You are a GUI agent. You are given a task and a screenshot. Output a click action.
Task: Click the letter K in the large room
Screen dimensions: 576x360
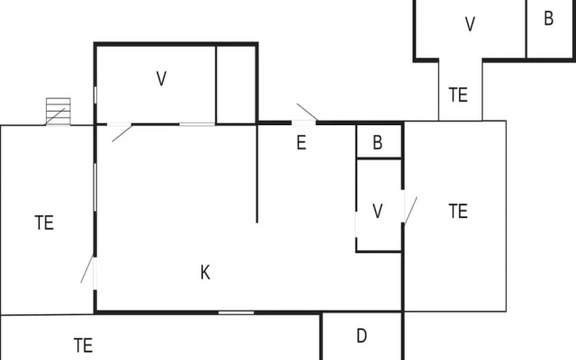coord(205,273)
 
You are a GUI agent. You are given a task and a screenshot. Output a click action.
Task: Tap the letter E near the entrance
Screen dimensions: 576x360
coord(301,142)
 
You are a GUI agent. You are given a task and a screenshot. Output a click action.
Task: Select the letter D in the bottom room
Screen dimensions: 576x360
coord(362,336)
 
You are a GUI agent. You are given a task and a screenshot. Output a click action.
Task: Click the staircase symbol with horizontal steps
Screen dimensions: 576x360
coord(58,112)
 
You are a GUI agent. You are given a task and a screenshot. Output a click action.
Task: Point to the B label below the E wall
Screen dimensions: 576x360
coord(377,142)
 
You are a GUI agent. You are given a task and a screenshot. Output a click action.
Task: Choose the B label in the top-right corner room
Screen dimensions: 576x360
coord(548,18)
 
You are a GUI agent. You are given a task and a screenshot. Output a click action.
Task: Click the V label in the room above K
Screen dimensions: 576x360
coord(161,78)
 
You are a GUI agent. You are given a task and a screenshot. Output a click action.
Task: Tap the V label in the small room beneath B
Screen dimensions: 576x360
coord(378,211)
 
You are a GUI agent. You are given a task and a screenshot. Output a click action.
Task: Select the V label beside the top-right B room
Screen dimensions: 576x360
coord(470,24)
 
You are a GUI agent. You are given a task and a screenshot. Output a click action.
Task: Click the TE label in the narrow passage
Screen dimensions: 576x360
coord(458,94)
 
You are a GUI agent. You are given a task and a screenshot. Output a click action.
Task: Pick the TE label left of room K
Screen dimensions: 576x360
coord(44,222)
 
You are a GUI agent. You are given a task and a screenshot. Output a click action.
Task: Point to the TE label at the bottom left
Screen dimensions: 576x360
coord(83,346)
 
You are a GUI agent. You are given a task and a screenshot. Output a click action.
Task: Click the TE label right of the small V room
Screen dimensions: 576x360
coord(458,211)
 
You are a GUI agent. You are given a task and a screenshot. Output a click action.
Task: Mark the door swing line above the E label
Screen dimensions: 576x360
coord(308,112)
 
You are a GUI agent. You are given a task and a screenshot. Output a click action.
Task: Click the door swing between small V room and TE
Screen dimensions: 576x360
coord(410,210)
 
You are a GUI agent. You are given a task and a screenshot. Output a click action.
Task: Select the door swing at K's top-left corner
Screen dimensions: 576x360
coord(122,133)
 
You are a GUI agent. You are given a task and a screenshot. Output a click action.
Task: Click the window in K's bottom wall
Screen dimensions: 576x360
coord(236,312)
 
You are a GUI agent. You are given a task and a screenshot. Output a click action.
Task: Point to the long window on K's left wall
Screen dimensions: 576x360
coord(95,188)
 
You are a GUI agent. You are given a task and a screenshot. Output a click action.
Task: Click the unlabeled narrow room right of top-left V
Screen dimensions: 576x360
coord(236,85)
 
